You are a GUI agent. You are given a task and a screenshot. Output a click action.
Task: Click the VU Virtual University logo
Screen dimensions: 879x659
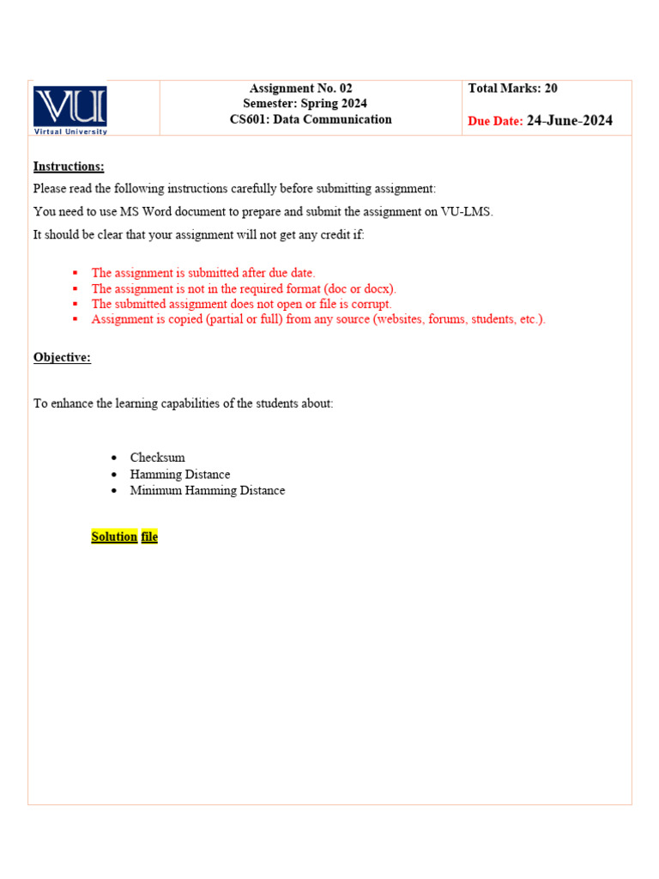[x=70, y=109]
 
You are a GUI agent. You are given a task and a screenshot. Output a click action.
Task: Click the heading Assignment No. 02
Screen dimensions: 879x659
[x=300, y=88]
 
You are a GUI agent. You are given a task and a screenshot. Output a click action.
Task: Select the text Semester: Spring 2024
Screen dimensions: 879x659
[x=305, y=104]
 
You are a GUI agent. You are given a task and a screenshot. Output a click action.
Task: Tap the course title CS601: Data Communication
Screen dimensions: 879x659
[x=311, y=119]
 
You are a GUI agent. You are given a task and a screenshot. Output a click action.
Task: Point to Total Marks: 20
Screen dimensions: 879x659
[x=512, y=88]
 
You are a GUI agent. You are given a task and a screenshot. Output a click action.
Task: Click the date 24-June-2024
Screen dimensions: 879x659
[x=570, y=121]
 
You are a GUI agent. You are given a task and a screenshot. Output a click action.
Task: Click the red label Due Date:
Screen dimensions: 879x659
[x=495, y=122]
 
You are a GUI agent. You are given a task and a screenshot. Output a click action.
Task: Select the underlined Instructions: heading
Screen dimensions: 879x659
[x=69, y=167]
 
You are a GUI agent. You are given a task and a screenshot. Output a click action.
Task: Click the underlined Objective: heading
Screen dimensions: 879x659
[x=62, y=357]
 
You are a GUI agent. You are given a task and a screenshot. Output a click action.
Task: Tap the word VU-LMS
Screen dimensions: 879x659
[x=467, y=211]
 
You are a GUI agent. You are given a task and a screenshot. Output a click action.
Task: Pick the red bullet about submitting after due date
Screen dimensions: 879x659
[x=203, y=273]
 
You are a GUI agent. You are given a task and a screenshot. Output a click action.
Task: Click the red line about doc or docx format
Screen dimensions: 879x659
[x=244, y=288]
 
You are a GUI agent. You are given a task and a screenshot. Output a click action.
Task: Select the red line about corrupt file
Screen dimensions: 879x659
[x=241, y=304]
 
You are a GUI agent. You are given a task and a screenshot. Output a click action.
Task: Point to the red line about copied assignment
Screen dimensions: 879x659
[x=317, y=319]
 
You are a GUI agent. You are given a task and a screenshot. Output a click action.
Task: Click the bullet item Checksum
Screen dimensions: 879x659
[x=157, y=458]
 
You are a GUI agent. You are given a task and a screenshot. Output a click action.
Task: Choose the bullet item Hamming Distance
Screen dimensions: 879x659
[x=180, y=474]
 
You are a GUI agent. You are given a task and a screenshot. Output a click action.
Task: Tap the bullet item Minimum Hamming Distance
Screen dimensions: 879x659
[x=207, y=490]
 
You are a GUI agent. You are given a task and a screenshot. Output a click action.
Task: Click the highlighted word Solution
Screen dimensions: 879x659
[x=114, y=536]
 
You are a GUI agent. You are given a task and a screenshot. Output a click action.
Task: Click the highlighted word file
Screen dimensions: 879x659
[x=149, y=536]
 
